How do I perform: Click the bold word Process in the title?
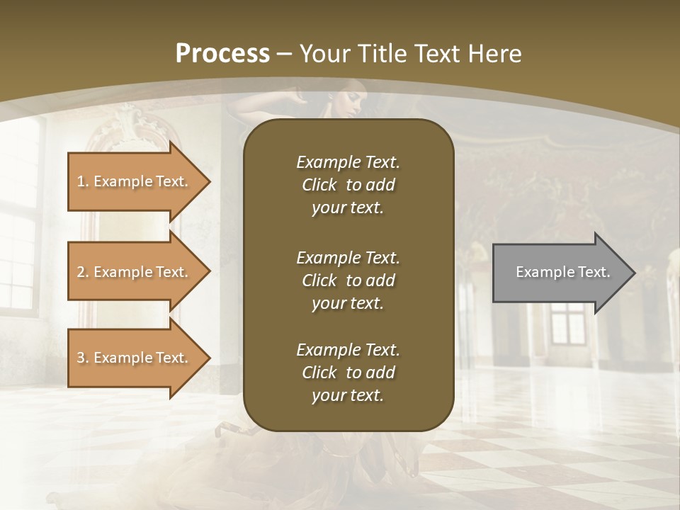pyautogui.click(x=222, y=54)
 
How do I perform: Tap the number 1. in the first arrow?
pyautogui.click(x=83, y=181)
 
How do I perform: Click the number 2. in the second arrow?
pyautogui.click(x=83, y=272)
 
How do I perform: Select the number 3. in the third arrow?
pyautogui.click(x=83, y=358)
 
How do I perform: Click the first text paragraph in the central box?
pyautogui.click(x=348, y=185)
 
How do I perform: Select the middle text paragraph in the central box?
pyautogui.click(x=348, y=280)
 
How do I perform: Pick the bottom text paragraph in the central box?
pyautogui.click(x=348, y=373)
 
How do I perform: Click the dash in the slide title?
pyautogui.click(x=285, y=54)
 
